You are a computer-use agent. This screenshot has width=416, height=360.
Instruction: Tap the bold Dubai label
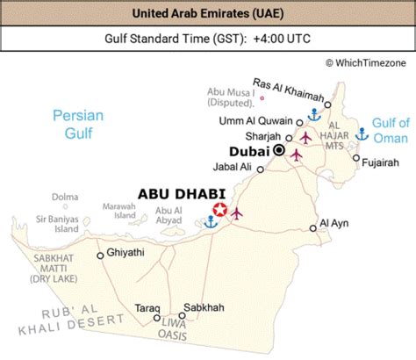pyautogui.click(x=247, y=151)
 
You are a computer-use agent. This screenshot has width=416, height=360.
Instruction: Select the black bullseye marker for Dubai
pyautogui.click(x=279, y=151)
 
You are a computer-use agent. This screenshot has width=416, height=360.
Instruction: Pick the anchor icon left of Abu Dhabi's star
pyautogui.click(x=209, y=221)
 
